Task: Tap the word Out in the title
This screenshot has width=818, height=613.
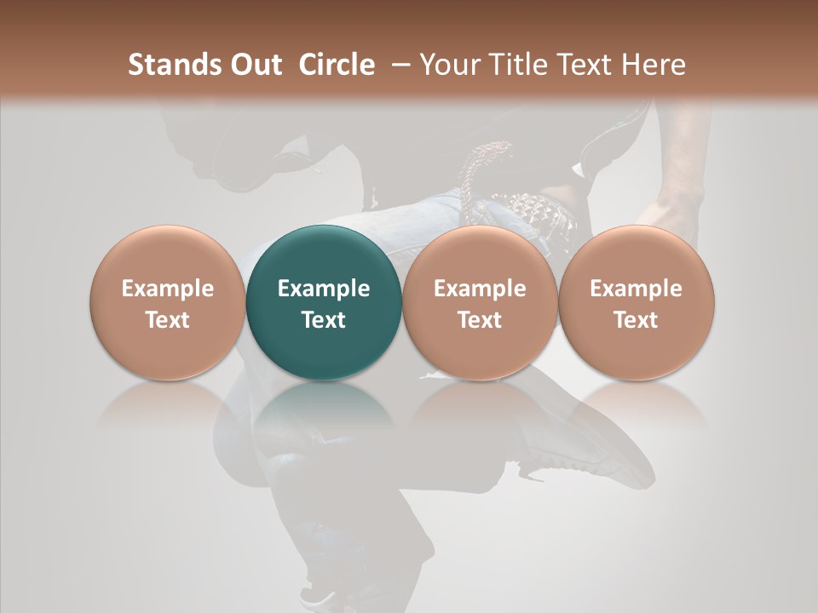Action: pyautogui.click(x=253, y=65)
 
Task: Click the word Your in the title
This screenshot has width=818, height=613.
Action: pyautogui.click(x=448, y=65)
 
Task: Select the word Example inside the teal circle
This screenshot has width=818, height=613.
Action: pyautogui.click(x=324, y=289)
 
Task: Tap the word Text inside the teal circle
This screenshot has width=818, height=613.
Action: pyautogui.click(x=324, y=320)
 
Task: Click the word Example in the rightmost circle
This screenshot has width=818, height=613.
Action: pyautogui.click(x=637, y=289)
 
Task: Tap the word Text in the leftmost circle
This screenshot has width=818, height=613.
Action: pyautogui.click(x=168, y=320)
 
